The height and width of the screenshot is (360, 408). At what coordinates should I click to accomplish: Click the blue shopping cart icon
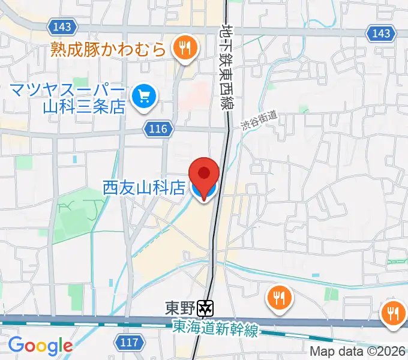(x=144, y=95)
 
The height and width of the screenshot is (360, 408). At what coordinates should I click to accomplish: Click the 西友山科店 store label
(x=144, y=188)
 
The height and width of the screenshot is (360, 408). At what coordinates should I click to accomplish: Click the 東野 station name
(x=179, y=308)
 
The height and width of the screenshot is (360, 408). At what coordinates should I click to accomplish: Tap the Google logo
(x=40, y=346)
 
